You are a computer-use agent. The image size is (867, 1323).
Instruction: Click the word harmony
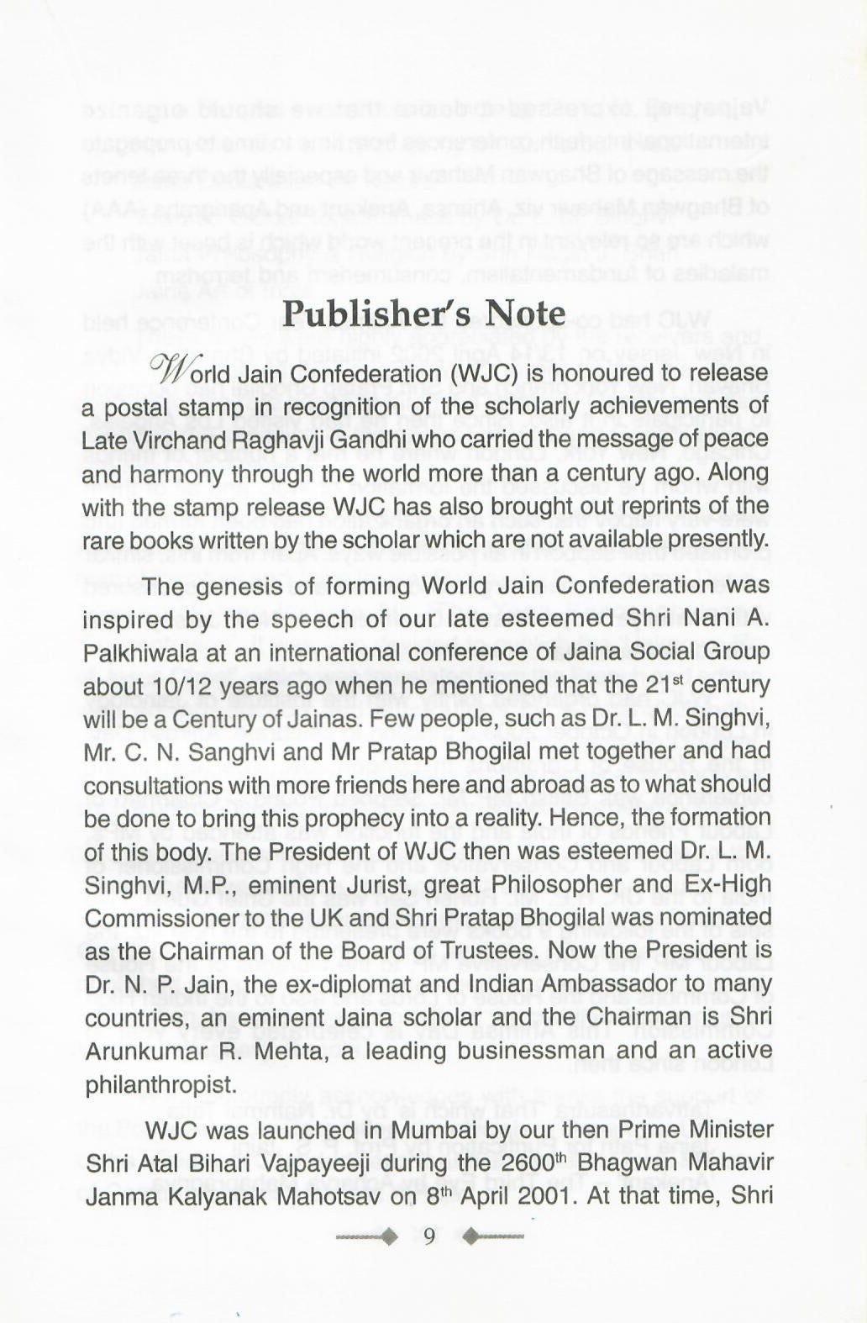(x=177, y=474)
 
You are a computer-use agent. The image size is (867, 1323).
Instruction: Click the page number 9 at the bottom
(x=428, y=1236)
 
